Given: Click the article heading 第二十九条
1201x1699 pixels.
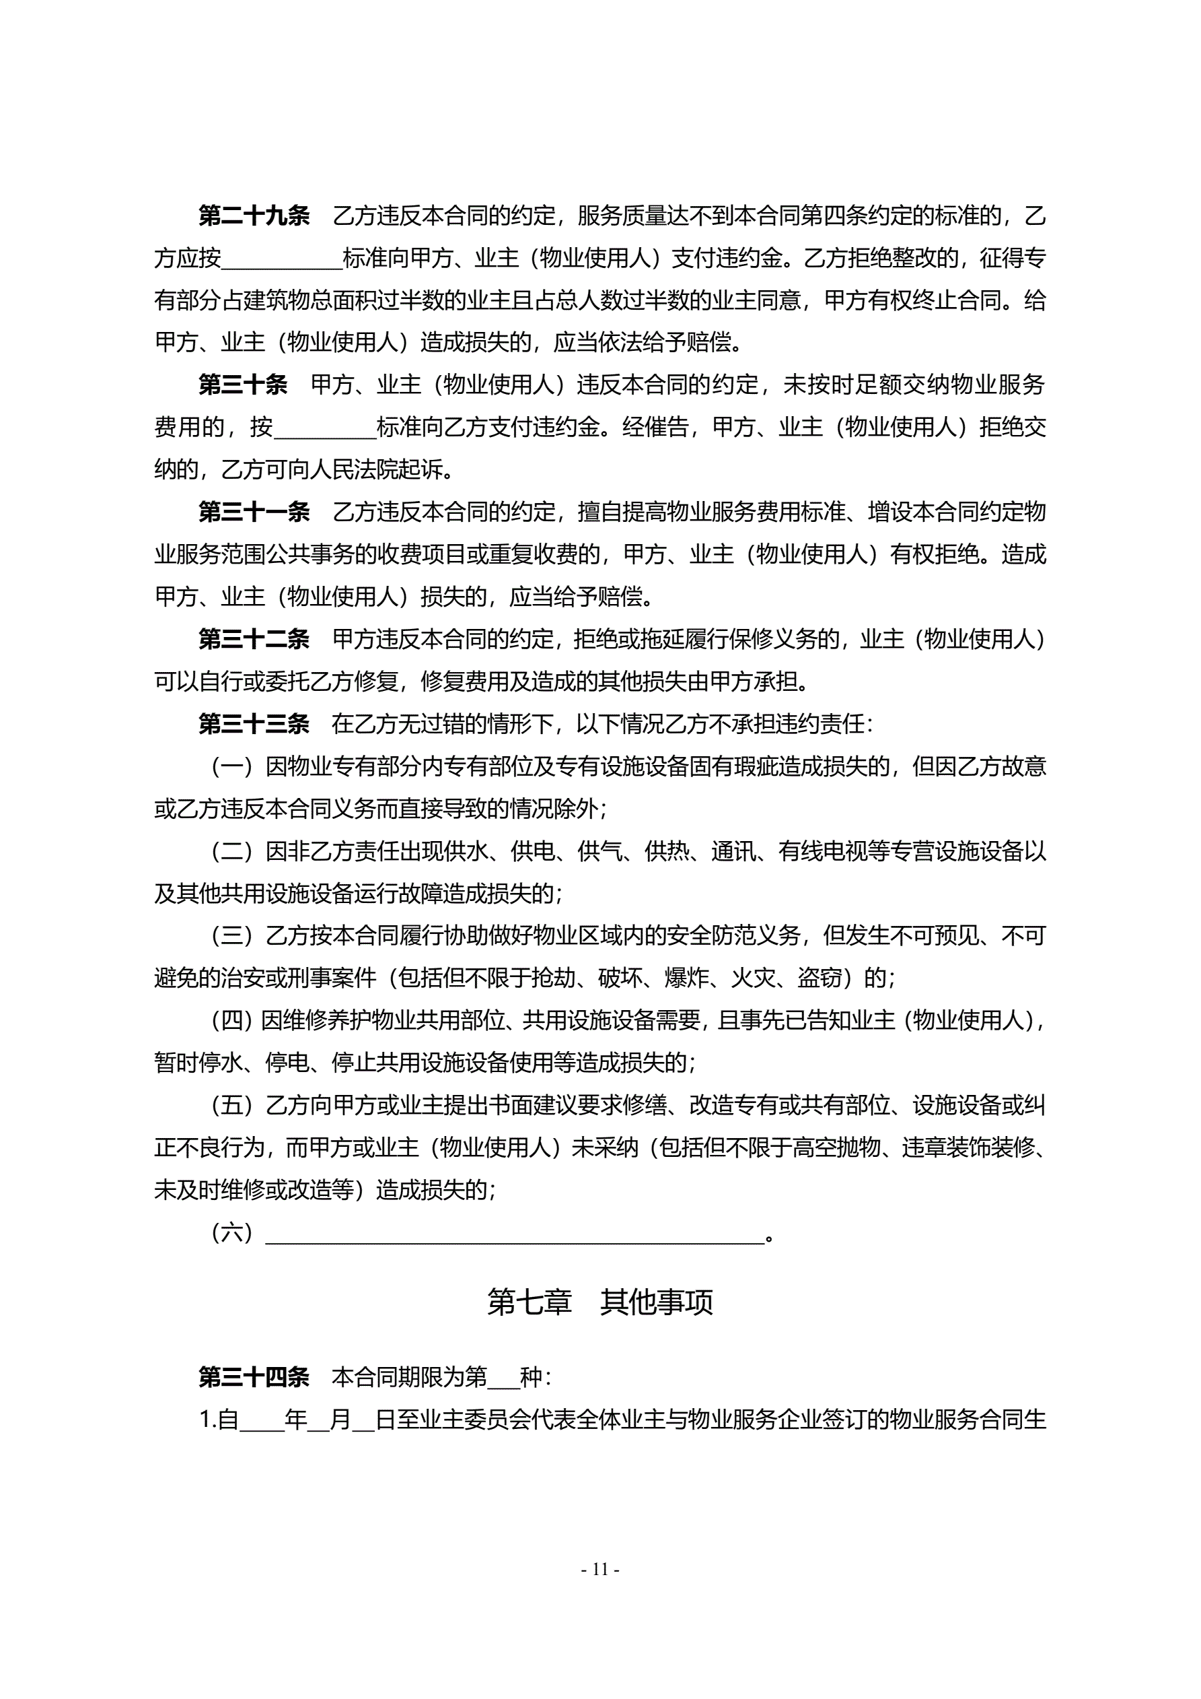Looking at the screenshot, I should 254,216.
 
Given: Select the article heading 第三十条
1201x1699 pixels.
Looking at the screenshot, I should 243,385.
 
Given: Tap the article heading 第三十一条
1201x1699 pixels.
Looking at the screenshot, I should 254,511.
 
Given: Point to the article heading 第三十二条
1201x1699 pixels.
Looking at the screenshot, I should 254,638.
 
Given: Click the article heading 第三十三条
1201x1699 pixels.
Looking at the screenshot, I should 254,724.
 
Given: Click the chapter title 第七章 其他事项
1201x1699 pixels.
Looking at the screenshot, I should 599,1302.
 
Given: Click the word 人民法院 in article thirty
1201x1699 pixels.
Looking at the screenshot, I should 353,469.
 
